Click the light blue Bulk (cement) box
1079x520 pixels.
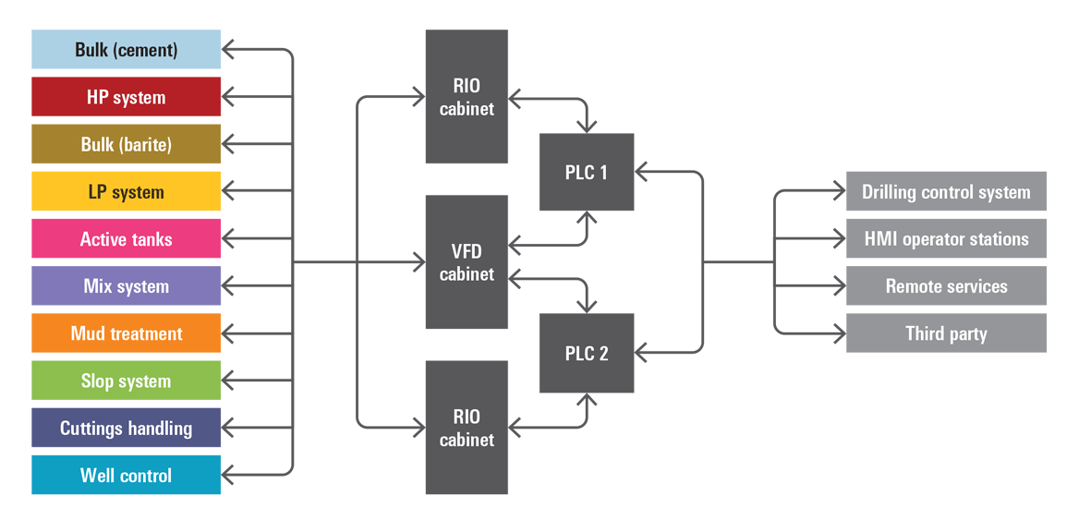[126, 49]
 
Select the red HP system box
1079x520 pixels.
[126, 97]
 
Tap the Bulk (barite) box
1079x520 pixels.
[126, 144]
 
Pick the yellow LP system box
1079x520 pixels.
[126, 191]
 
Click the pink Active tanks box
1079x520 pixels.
[126, 238]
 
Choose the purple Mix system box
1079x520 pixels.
[126, 285]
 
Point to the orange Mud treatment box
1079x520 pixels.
[126, 333]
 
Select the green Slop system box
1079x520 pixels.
[126, 381]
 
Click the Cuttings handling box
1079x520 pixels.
[126, 428]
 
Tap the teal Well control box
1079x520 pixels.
[126, 475]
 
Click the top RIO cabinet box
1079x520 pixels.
[467, 97]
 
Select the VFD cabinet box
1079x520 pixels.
[467, 262]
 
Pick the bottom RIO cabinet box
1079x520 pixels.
[467, 428]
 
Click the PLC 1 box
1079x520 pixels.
[587, 173]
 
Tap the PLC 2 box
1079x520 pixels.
[587, 353]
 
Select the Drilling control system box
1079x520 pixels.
[946, 191]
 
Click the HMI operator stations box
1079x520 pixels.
[946, 238]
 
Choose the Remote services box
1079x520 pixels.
[946, 285]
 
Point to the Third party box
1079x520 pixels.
[946, 333]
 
